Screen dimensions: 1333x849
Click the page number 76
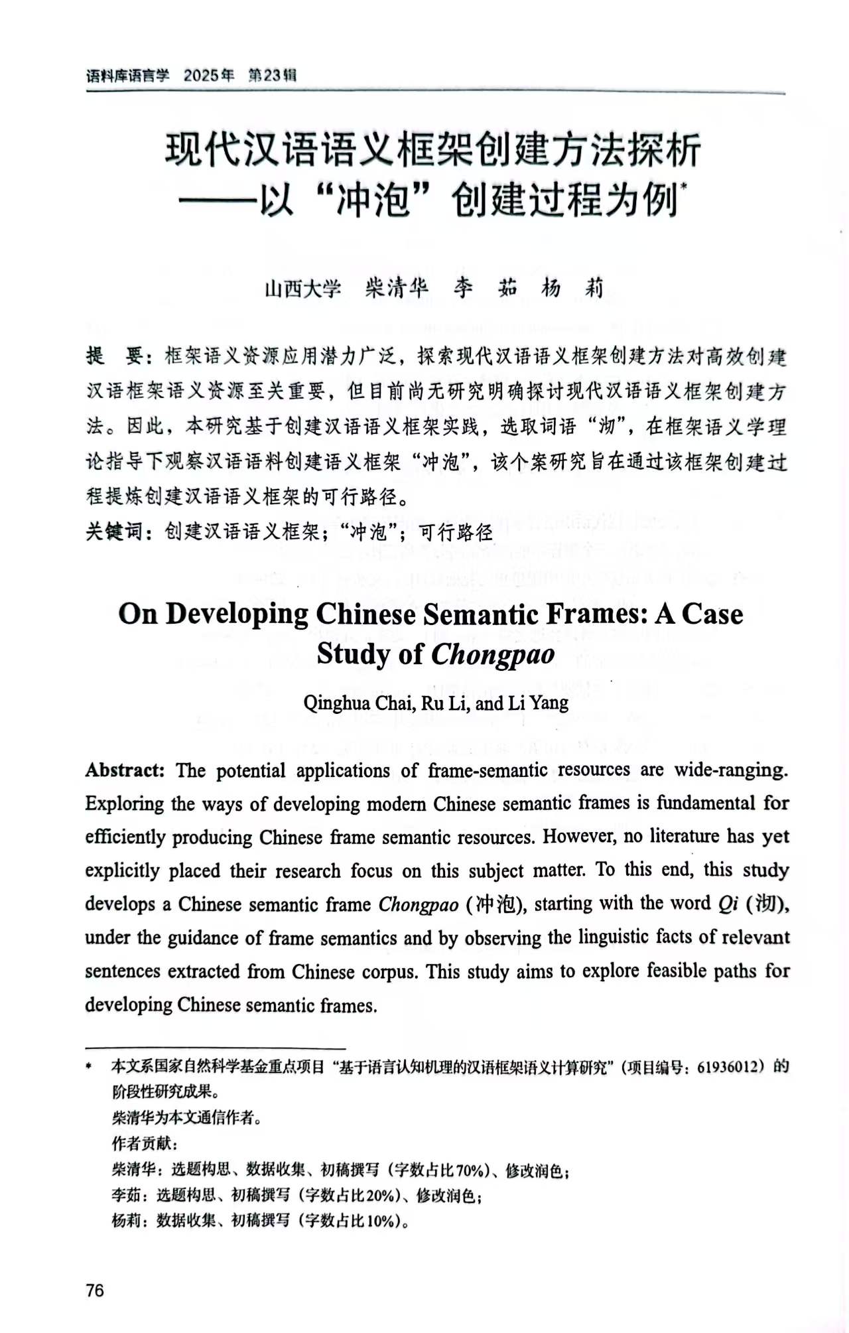(95, 1289)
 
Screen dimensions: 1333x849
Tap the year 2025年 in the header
(209, 75)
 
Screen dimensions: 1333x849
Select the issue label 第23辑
(272, 75)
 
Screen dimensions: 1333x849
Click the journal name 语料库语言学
(127, 76)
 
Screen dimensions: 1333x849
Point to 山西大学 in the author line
(302, 289)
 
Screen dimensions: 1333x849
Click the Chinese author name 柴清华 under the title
(397, 288)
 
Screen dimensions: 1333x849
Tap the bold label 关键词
(113, 531)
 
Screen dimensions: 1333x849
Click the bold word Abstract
(125, 770)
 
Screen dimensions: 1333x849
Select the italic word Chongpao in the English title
(493, 654)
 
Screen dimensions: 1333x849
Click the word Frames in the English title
(596, 614)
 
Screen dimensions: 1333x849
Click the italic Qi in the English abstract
(728, 904)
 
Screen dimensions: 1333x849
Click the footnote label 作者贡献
(142, 1143)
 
